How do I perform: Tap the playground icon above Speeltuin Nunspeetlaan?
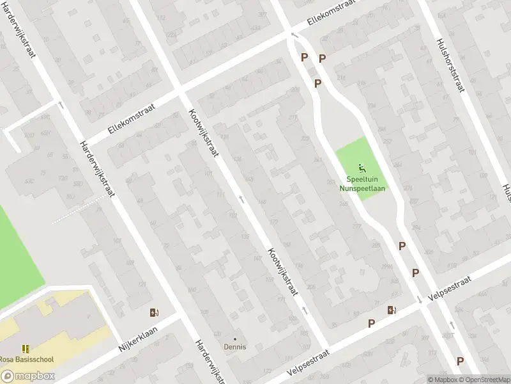(362, 169)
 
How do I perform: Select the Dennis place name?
(234, 347)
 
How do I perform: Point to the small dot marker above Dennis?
(234, 339)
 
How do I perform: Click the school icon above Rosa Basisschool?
(26, 349)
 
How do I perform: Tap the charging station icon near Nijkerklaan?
(154, 312)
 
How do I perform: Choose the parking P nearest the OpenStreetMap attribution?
(460, 361)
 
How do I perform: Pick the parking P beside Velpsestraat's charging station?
(371, 324)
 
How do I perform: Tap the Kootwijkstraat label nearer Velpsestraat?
(283, 271)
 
